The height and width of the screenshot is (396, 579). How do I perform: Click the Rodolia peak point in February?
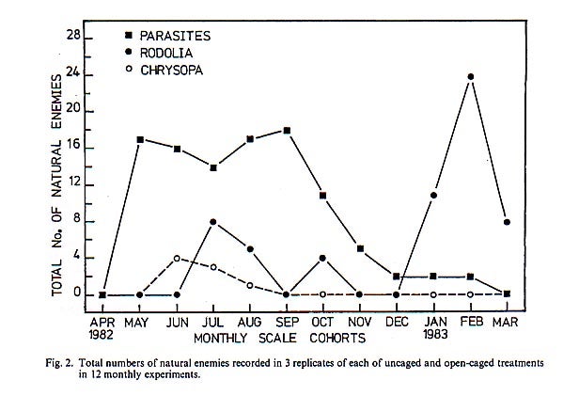point(469,77)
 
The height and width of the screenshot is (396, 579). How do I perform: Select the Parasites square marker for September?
point(286,130)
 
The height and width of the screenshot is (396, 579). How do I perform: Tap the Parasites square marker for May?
point(139,139)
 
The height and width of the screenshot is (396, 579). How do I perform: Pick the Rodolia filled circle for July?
point(213,222)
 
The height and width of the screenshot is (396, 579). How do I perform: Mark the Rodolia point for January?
point(432,196)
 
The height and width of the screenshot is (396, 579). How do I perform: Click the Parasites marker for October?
point(322,195)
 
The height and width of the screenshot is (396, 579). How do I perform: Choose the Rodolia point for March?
point(507,223)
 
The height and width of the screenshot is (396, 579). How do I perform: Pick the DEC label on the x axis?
point(396,321)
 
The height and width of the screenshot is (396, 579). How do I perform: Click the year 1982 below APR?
point(102,335)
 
